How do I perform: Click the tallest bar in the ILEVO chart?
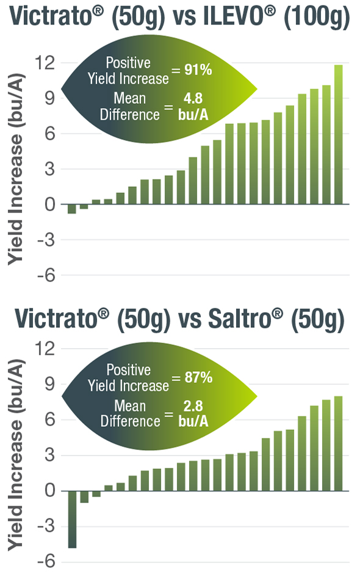point(338,134)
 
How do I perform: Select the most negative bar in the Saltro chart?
point(72,519)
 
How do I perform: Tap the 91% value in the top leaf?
point(198,70)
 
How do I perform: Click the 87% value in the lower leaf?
point(199,378)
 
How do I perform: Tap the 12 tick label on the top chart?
point(46,63)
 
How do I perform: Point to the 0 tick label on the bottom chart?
point(51,491)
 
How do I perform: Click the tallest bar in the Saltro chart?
point(338,443)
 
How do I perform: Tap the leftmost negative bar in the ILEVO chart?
point(72,209)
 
